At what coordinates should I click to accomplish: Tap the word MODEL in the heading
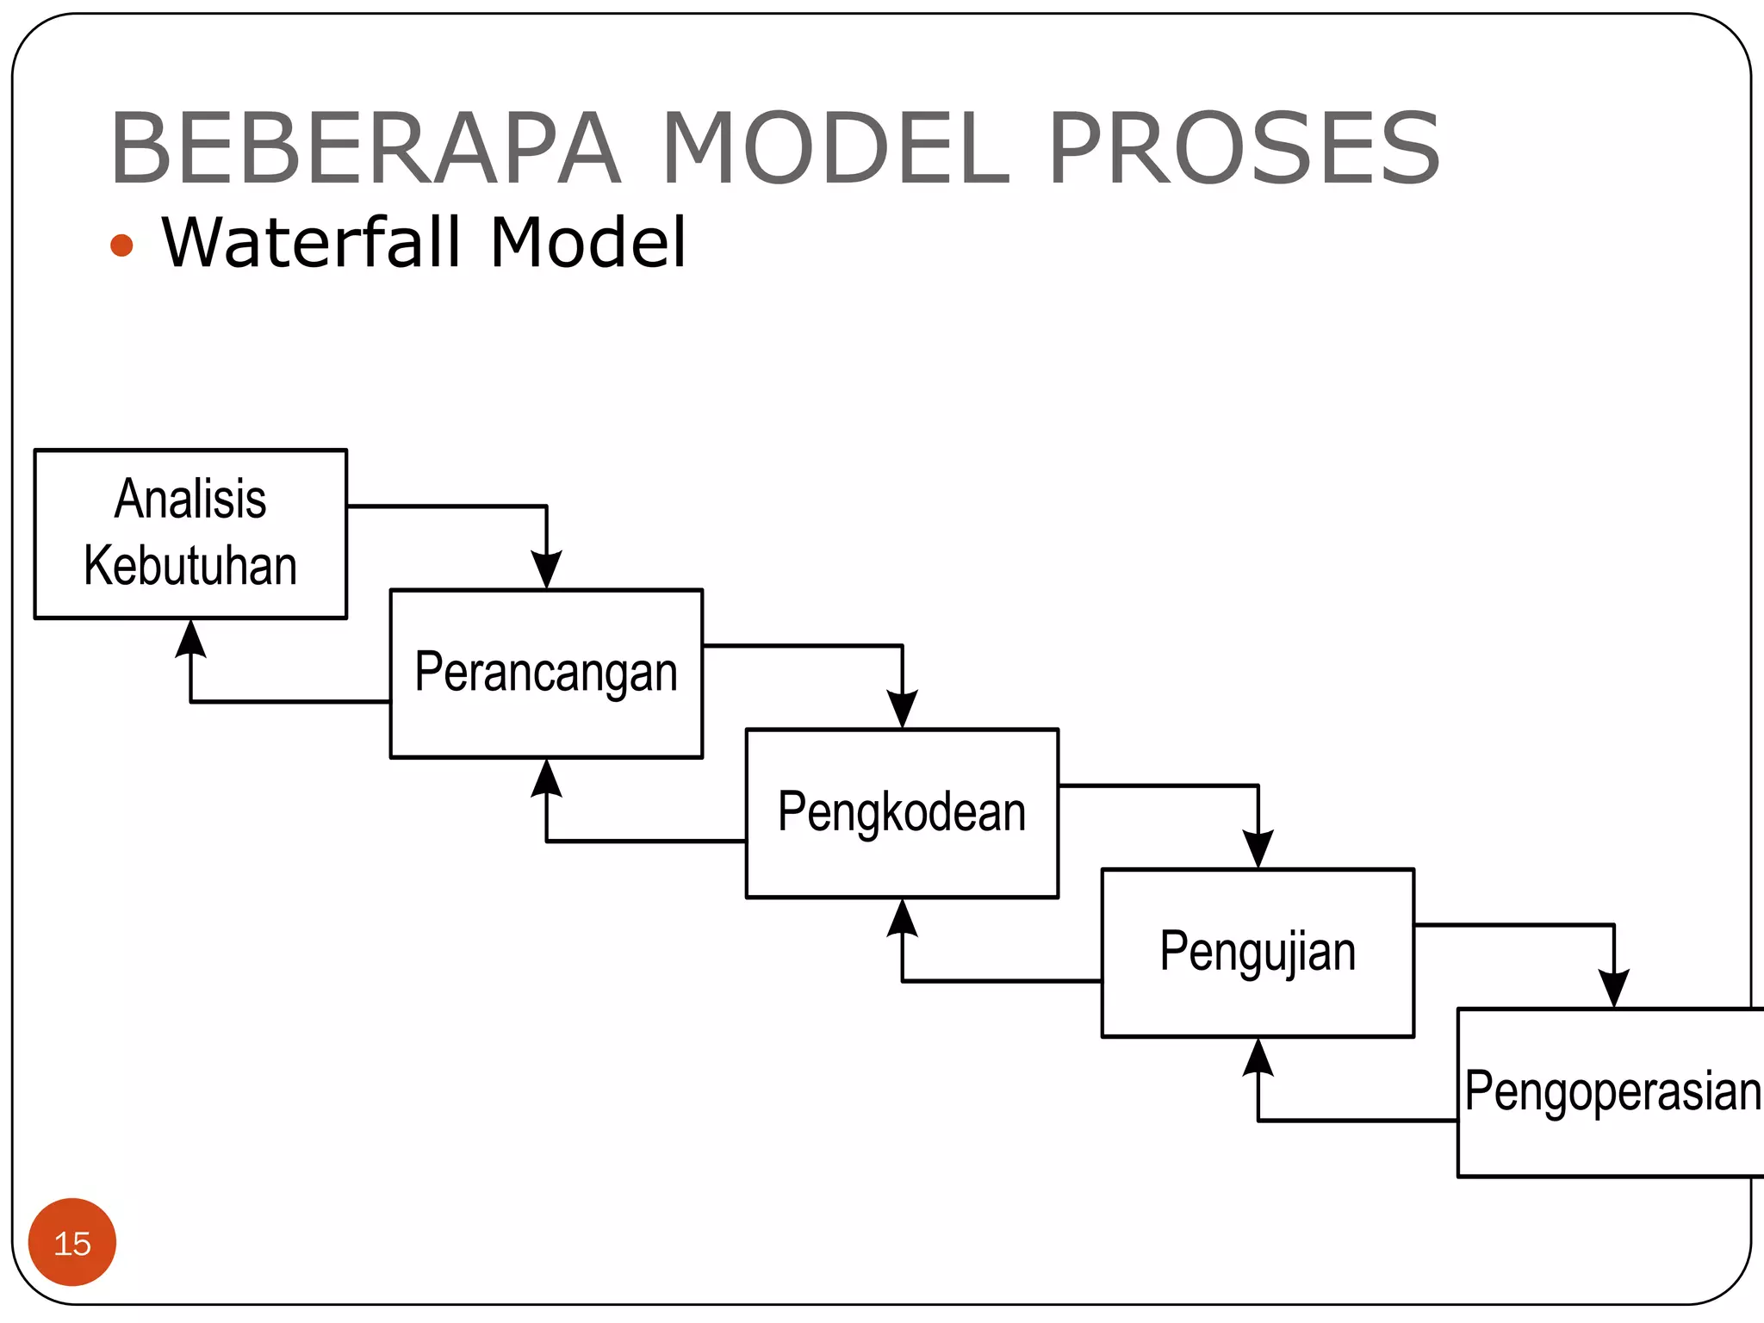pyautogui.click(x=835, y=148)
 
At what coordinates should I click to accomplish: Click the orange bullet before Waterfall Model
pyautogui.click(x=122, y=245)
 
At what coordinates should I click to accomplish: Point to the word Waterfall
pyautogui.click(x=312, y=243)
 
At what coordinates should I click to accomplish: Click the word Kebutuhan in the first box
pyautogui.click(x=190, y=566)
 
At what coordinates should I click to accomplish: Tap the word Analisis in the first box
pyautogui.click(x=190, y=499)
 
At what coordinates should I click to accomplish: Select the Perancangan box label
pyautogui.click(x=546, y=673)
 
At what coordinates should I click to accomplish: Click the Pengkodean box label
pyautogui.click(x=902, y=812)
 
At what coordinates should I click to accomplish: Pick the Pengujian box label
pyautogui.click(x=1258, y=952)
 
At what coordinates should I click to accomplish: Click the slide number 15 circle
pyautogui.click(x=72, y=1243)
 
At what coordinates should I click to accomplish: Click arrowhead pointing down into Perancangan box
pyautogui.click(x=547, y=570)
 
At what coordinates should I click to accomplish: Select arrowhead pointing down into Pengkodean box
pyautogui.click(x=902, y=710)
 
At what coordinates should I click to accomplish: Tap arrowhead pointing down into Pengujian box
pyautogui.click(x=1258, y=849)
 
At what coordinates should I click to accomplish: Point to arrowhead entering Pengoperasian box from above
pyautogui.click(x=1614, y=989)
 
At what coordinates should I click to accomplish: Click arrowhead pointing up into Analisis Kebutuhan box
pyautogui.click(x=190, y=638)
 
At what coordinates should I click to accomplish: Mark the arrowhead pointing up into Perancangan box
pyautogui.click(x=547, y=778)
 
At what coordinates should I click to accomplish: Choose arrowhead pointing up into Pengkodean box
pyautogui.click(x=902, y=917)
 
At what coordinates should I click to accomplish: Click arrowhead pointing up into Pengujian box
pyautogui.click(x=1258, y=1058)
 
